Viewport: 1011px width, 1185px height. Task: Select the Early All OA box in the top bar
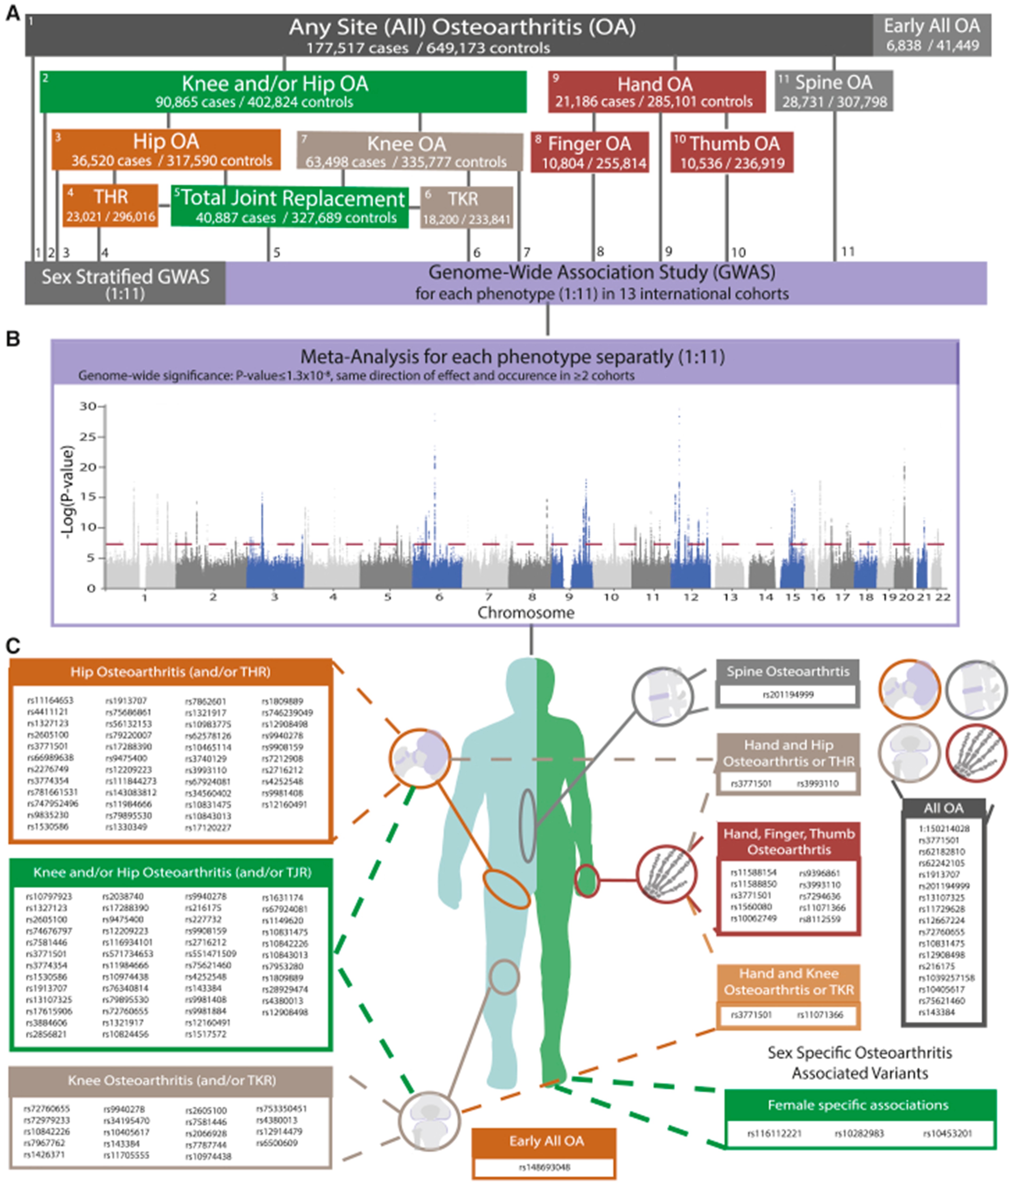click(931, 35)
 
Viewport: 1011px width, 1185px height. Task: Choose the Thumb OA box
click(732, 152)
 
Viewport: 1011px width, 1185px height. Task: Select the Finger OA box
click(590, 152)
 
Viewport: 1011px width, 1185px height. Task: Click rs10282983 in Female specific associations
click(859, 1133)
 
